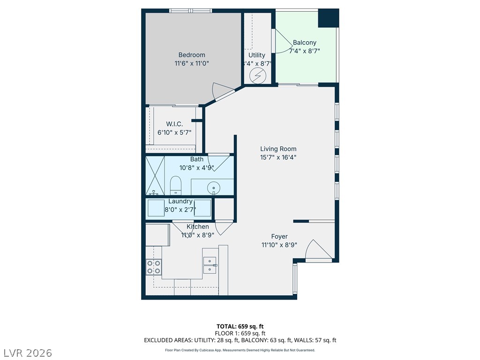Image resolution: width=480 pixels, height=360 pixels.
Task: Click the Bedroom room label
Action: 192,55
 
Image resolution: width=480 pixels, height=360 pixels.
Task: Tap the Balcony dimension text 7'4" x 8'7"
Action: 305,51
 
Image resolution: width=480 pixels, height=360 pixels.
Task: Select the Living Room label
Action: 278,149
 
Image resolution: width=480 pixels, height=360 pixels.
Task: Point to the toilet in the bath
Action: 176,185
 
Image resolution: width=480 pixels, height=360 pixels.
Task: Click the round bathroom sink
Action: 213,187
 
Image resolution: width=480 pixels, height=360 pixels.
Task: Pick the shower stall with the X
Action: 155,175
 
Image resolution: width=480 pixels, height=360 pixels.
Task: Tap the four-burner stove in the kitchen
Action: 154,267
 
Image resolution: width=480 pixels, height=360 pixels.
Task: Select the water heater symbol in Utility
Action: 258,75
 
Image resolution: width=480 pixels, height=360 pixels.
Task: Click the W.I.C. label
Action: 174,124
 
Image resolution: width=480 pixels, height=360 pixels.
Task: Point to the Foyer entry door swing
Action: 318,249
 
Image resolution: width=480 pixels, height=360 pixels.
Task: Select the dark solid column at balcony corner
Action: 329,18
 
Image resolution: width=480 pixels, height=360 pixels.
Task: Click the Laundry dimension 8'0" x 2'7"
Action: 180,210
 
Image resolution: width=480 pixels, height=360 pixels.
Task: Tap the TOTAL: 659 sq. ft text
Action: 240,326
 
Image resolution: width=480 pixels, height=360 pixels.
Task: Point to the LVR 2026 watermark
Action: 26,352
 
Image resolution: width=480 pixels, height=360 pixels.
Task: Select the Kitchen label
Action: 198,226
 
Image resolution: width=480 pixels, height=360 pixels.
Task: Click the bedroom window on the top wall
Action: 191,11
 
